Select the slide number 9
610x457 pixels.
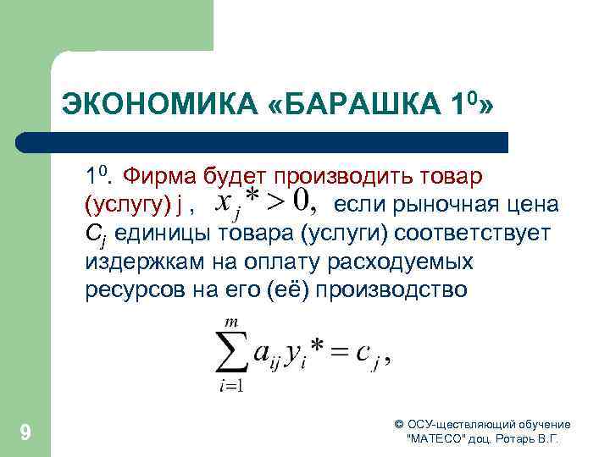pos(25,433)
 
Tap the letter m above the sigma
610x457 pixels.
pos(227,320)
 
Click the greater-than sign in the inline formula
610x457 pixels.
pos(274,202)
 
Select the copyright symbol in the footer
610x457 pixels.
pos(399,424)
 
